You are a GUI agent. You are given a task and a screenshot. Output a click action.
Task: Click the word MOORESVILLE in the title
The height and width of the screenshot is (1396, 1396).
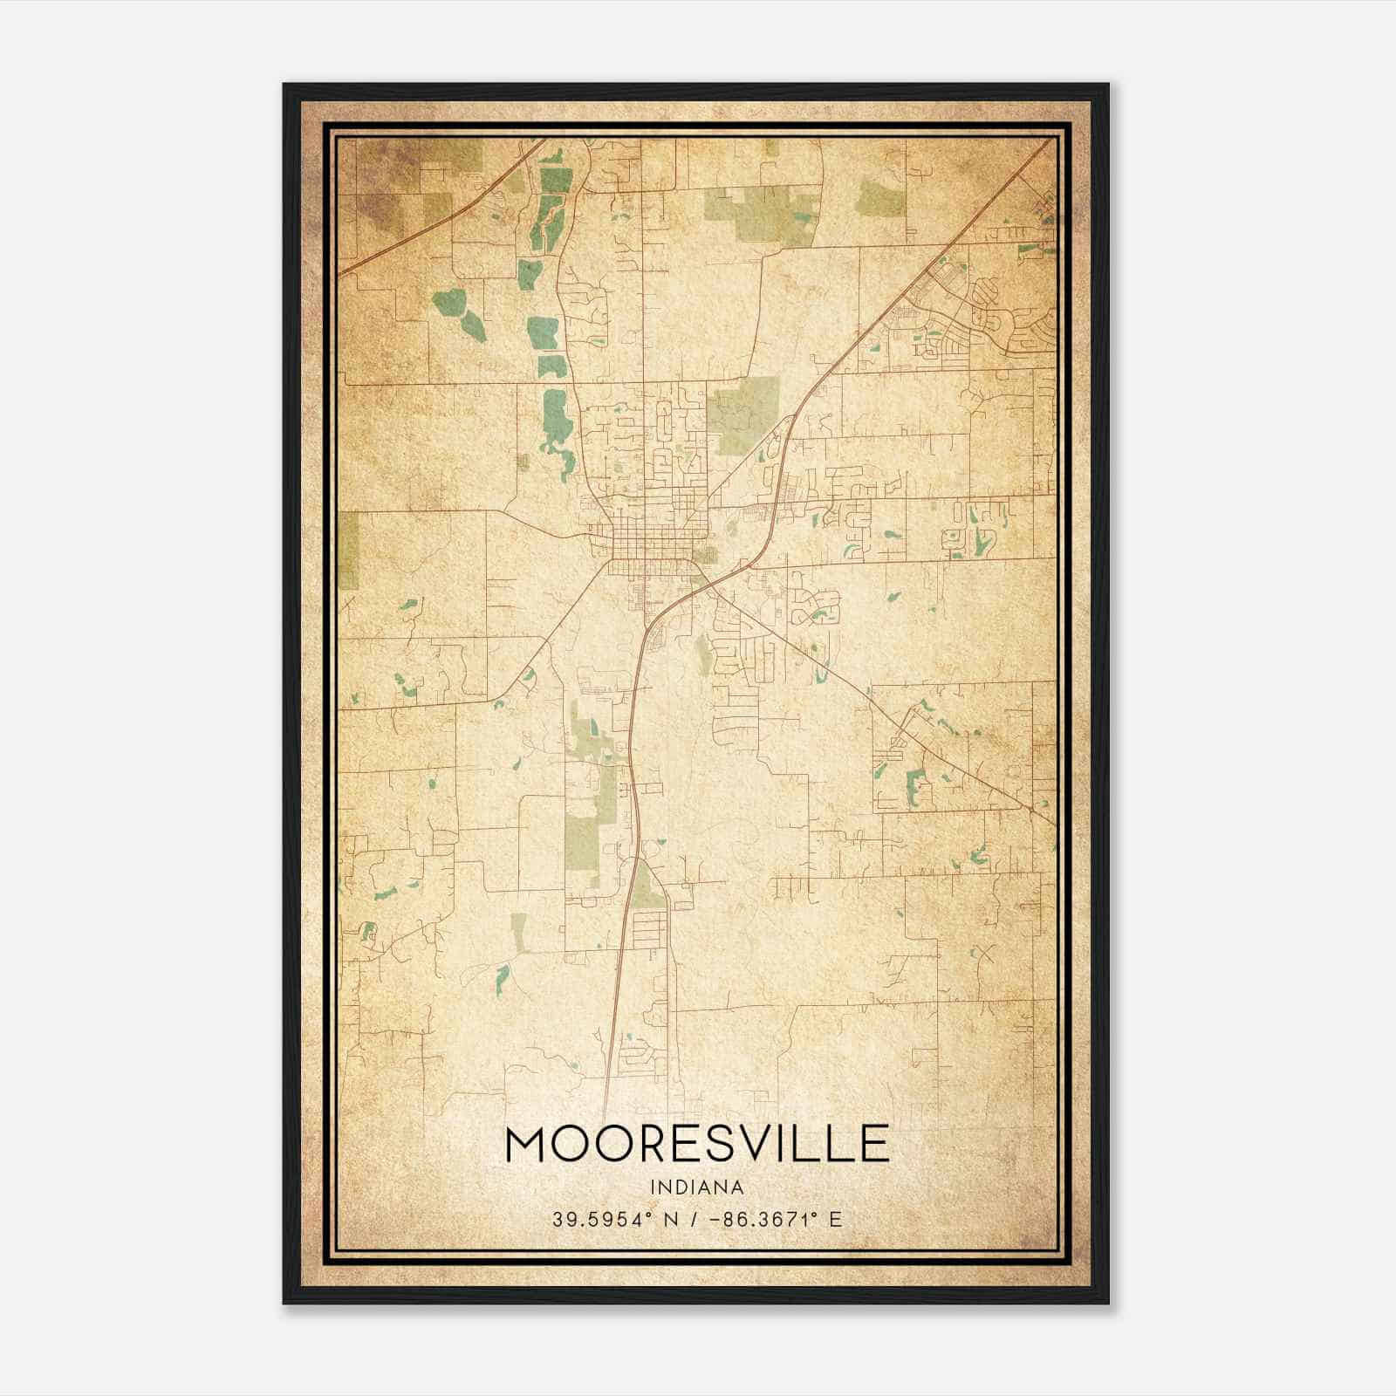coord(697,1144)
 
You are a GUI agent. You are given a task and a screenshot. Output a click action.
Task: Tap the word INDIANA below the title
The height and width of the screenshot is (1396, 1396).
coord(697,1187)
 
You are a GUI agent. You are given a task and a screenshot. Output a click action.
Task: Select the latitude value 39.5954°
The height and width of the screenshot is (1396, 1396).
coord(602,1219)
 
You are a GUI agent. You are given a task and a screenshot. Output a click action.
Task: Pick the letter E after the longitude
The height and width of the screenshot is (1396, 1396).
coord(836,1219)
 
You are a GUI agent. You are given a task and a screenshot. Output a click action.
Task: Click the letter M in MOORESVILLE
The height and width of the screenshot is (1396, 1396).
coord(526,1144)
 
